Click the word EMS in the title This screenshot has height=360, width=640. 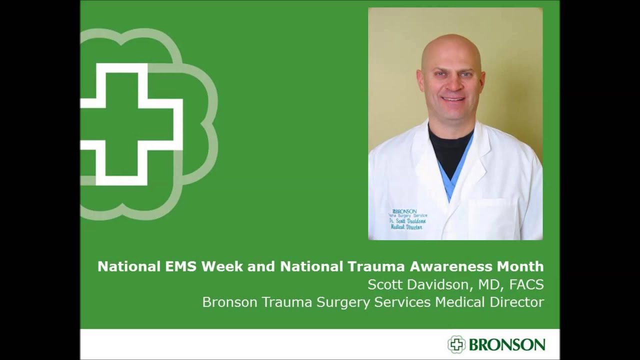(179, 266)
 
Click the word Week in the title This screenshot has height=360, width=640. (218, 266)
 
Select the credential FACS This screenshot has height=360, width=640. (526, 284)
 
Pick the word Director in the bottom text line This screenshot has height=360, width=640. (518, 302)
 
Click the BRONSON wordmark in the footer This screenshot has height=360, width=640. (506, 344)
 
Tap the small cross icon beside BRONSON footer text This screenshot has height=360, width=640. (456, 344)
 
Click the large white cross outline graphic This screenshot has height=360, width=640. (131, 124)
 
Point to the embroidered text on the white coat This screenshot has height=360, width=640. (408, 219)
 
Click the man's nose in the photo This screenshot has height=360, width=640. (452, 86)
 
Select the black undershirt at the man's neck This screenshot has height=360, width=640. (449, 147)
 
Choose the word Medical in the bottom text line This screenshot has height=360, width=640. (459, 302)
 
